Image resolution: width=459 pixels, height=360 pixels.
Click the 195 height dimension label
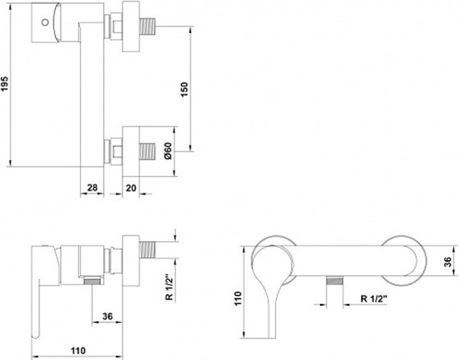pyautogui.click(x=5, y=84)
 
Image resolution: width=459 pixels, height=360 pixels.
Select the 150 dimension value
pyautogui.click(x=184, y=90)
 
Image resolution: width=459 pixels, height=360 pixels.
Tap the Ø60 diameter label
pyautogui.click(x=169, y=152)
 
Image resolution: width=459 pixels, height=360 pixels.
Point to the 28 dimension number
pyautogui.click(x=92, y=187)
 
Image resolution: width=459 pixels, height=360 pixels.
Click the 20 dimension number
pyautogui.click(x=131, y=188)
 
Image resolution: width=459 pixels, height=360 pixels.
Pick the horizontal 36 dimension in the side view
pyautogui.click(x=107, y=316)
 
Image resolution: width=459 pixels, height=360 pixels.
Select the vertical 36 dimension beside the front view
pyautogui.click(x=448, y=262)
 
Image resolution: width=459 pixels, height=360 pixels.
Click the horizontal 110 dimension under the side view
pyautogui.click(x=78, y=350)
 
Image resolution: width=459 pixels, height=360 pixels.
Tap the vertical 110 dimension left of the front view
pyautogui.click(x=238, y=298)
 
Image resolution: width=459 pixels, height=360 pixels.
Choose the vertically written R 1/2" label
pyautogui.click(x=169, y=287)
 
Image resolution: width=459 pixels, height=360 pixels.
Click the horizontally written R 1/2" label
pyautogui.click(x=374, y=299)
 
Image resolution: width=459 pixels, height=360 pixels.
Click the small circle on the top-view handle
pyautogui.click(x=45, y=22)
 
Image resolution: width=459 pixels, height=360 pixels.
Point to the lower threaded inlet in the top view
pyautogui.click(x=148, y=152)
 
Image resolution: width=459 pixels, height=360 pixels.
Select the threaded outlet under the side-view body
pyautogui.click(x=93, y=282)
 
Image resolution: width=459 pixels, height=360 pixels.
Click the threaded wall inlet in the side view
pyautogui.click(x=148, y=250)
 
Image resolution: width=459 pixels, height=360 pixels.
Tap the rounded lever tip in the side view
pyautogui.click(x=35, y=335)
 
